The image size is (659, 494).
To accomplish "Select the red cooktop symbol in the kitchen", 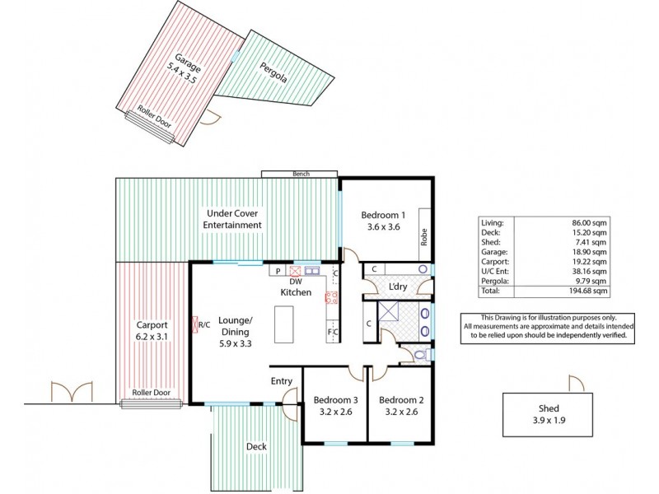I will [333, 299].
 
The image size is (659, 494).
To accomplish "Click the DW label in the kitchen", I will [295, 282].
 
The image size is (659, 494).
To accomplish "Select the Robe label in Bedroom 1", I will [424, 238].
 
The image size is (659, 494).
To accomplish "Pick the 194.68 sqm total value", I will [591, 291].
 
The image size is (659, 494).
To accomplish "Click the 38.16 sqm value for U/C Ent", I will [594, 271].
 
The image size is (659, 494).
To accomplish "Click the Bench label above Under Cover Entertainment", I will [300, 174].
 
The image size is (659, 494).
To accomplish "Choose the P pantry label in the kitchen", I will [278, 270].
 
